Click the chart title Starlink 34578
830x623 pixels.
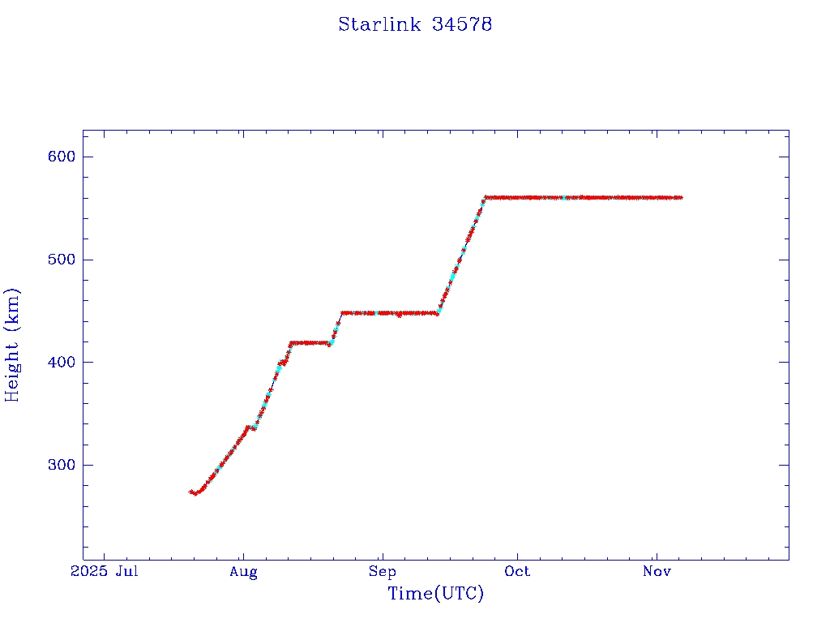point(415,24)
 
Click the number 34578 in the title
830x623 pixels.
point(462,24)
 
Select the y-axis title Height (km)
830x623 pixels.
point(13,345)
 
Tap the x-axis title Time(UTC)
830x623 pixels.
point(435,594)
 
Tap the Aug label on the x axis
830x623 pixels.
point(243,572)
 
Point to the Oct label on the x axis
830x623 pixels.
point(517,572)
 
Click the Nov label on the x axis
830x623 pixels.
point(656,572)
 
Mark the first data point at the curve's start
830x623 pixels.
point(190,492)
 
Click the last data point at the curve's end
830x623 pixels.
point(681,197)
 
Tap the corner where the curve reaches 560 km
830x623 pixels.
point(486,197)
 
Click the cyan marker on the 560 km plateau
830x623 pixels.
point(564,197)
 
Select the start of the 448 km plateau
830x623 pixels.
point(342,312)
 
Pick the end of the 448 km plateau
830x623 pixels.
point(438,313)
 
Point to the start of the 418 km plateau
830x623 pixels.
point(290,342)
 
